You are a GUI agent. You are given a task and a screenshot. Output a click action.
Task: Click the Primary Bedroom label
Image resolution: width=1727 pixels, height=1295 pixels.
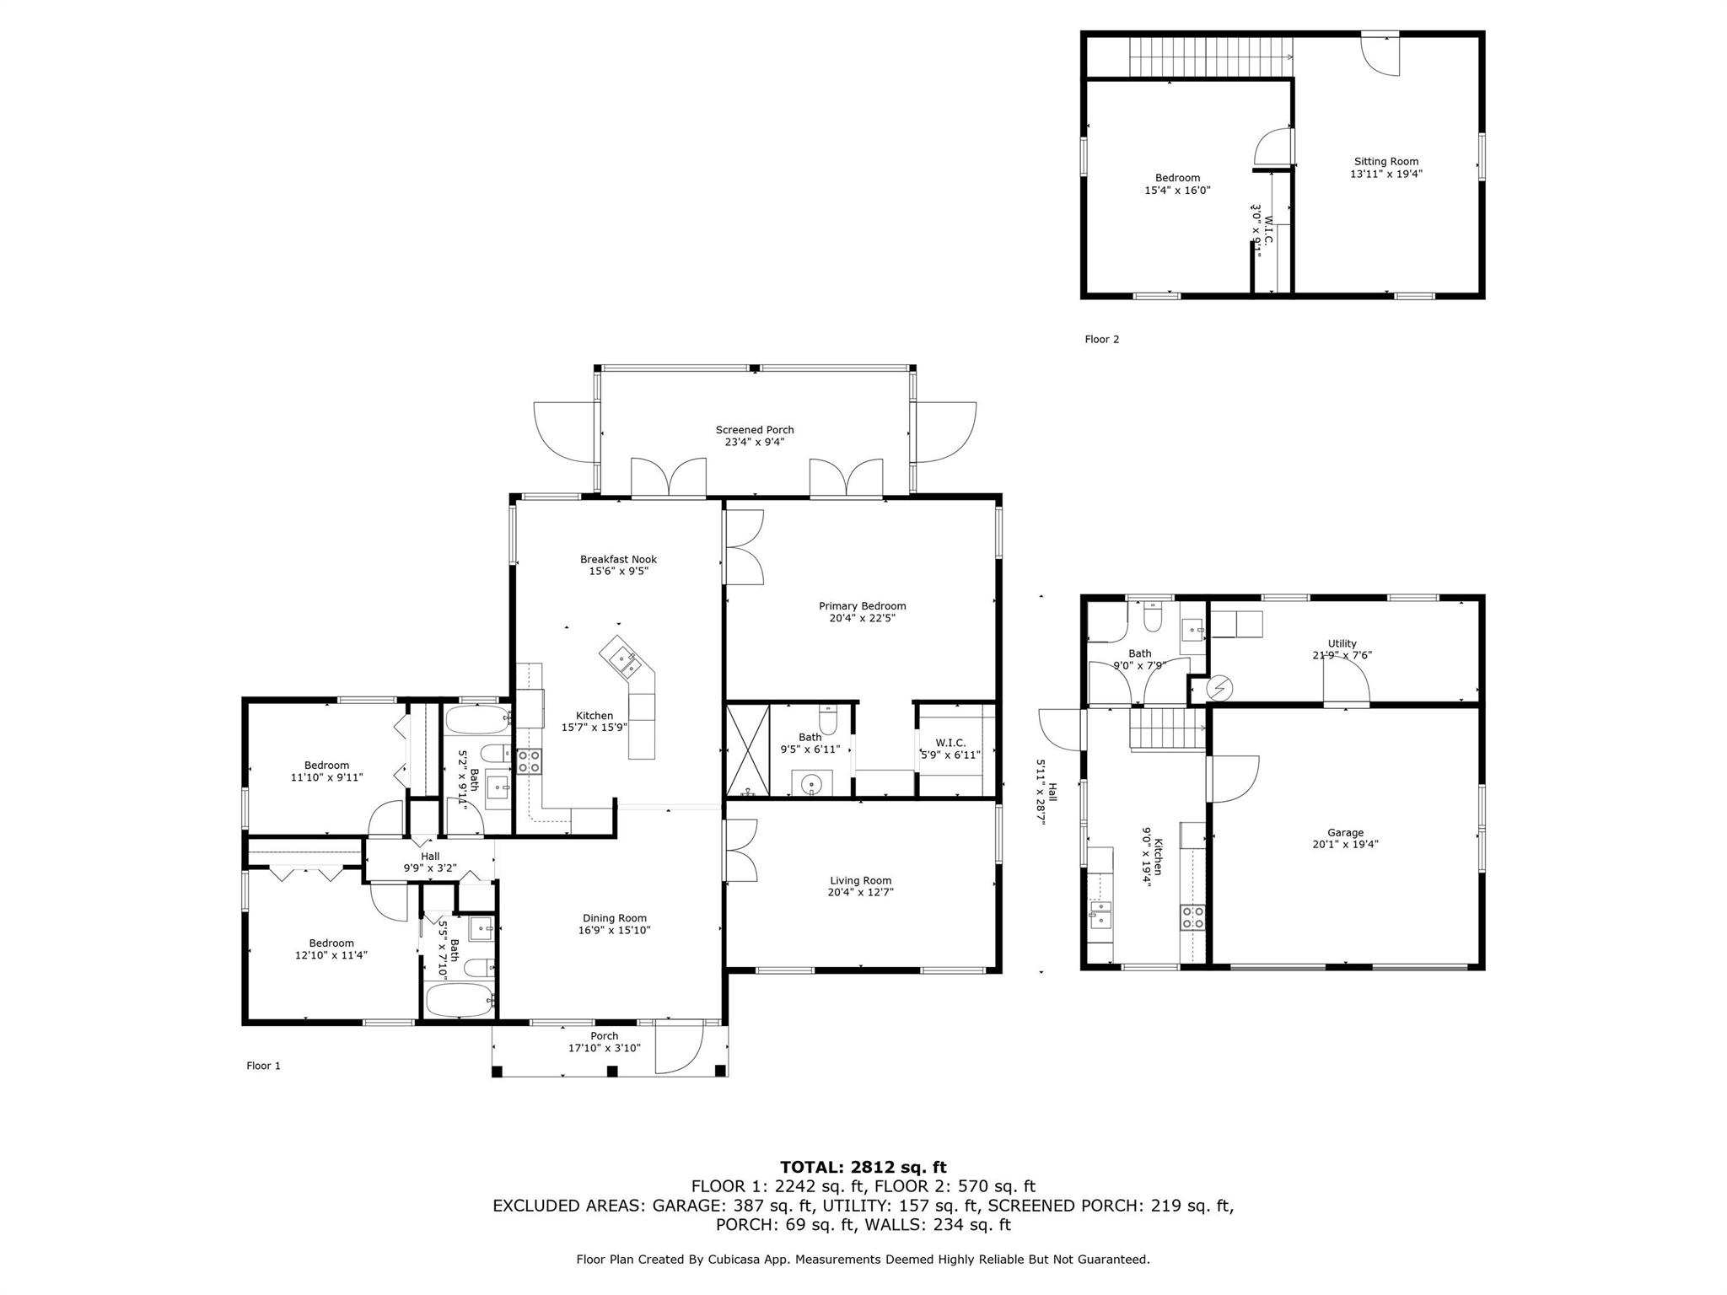click(862, 605)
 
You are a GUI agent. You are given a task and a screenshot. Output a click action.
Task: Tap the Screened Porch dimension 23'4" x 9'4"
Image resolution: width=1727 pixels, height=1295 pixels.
click(754, 442)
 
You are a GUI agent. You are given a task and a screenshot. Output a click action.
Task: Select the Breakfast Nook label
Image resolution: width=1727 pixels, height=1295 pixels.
click(618, 559)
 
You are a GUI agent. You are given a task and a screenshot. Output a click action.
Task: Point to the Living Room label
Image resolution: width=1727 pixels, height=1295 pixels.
click(860, 880)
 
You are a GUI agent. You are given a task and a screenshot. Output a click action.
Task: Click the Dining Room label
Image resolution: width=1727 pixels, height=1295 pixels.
click(615, 918)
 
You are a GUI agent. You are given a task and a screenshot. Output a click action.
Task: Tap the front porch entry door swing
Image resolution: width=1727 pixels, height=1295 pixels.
click(680, 1047)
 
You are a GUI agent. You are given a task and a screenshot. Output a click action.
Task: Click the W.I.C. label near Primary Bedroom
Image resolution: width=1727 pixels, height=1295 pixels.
click(950, 742)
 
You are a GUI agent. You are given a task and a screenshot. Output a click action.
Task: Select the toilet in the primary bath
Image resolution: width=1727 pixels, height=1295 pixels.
click(827, 723)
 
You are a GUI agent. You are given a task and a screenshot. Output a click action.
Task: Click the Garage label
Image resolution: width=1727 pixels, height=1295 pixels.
click(1344, 832)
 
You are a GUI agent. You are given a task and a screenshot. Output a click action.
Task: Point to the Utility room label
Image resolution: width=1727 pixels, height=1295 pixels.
click(1342, 643)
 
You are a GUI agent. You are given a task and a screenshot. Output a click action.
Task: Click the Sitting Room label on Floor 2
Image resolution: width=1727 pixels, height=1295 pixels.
click(1385, 161)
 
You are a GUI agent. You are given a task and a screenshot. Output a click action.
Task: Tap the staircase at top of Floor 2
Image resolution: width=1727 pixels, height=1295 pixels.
click(1209, 56)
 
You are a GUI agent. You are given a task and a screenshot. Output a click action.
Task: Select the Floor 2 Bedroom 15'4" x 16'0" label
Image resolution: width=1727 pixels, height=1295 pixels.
click(1177, 178)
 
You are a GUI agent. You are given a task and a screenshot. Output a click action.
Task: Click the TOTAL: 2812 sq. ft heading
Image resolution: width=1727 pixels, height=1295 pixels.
click(863, 1167)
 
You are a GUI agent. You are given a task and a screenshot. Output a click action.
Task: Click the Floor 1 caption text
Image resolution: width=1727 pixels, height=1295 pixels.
click(263, 1066)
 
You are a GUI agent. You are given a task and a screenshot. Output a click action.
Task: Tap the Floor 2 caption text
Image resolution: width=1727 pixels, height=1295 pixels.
click(1101, 339)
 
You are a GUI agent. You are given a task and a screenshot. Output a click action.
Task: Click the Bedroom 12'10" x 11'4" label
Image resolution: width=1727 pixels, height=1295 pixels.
click(331, 943)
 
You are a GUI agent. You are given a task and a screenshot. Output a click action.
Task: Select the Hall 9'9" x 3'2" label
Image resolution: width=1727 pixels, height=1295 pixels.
click(430, 856)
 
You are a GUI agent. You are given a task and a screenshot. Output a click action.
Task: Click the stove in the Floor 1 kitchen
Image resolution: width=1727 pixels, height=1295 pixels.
click(529, 761)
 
